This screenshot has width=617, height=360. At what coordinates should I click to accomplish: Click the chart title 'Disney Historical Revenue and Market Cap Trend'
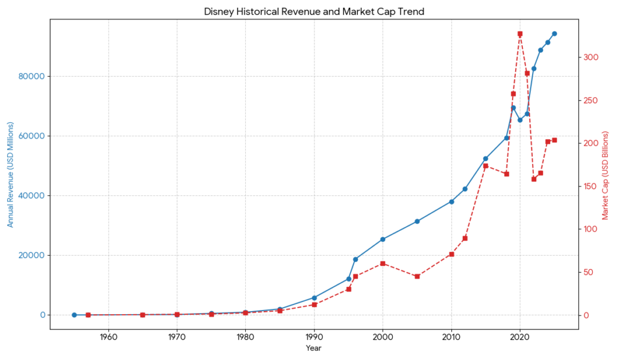pos(314,11)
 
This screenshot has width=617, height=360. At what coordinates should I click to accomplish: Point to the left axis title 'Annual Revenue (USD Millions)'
pos(10,174)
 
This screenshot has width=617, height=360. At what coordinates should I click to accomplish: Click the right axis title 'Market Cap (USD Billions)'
pos(605,174)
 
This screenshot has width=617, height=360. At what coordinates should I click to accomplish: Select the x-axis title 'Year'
pos(313,348)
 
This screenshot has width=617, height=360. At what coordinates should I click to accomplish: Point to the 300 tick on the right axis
pos(590,57)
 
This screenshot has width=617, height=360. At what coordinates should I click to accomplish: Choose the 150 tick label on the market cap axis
pos(590,186)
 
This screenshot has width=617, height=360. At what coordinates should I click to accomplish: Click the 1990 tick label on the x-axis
pos(314,336)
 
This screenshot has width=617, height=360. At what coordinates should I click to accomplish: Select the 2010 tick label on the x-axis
pos(451,336)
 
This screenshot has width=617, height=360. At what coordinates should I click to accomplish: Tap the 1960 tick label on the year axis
pos(108,336)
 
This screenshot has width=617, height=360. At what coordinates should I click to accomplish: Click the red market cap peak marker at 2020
pos(520,34)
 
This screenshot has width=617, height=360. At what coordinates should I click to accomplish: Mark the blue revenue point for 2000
pos(383,239)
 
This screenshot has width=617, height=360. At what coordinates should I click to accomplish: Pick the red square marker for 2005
pos(417,276)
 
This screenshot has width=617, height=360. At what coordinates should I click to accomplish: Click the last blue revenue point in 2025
pos(554,34)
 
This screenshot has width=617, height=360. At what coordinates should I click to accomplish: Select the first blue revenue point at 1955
pos(74,315)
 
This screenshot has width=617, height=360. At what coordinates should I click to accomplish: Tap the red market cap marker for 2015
pos(486,166)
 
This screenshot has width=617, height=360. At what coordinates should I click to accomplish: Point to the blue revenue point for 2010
pos(451,201)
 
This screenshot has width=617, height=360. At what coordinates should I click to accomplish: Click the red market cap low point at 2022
pos(534,179)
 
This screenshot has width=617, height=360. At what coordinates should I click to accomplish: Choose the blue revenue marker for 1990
pos(314,297)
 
